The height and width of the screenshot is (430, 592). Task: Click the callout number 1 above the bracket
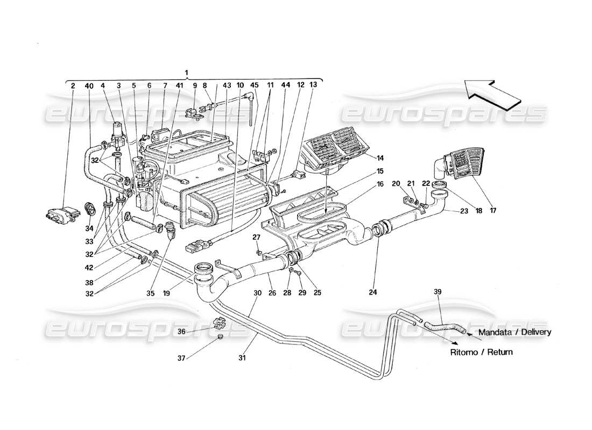click(186, 72)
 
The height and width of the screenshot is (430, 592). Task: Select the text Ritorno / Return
click(482, 353)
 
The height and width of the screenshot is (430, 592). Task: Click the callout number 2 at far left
click(73, 85)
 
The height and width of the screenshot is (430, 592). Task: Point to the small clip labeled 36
click(219, 325)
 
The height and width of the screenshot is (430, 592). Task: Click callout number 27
click(256, 237)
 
